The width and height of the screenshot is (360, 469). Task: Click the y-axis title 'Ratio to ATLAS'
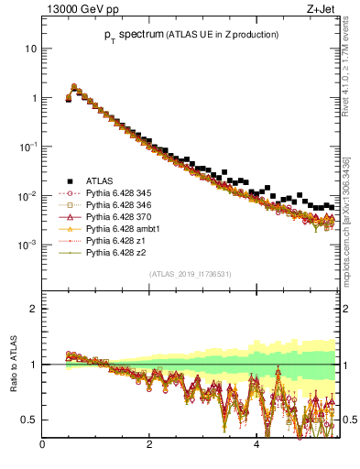(14, 365)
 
